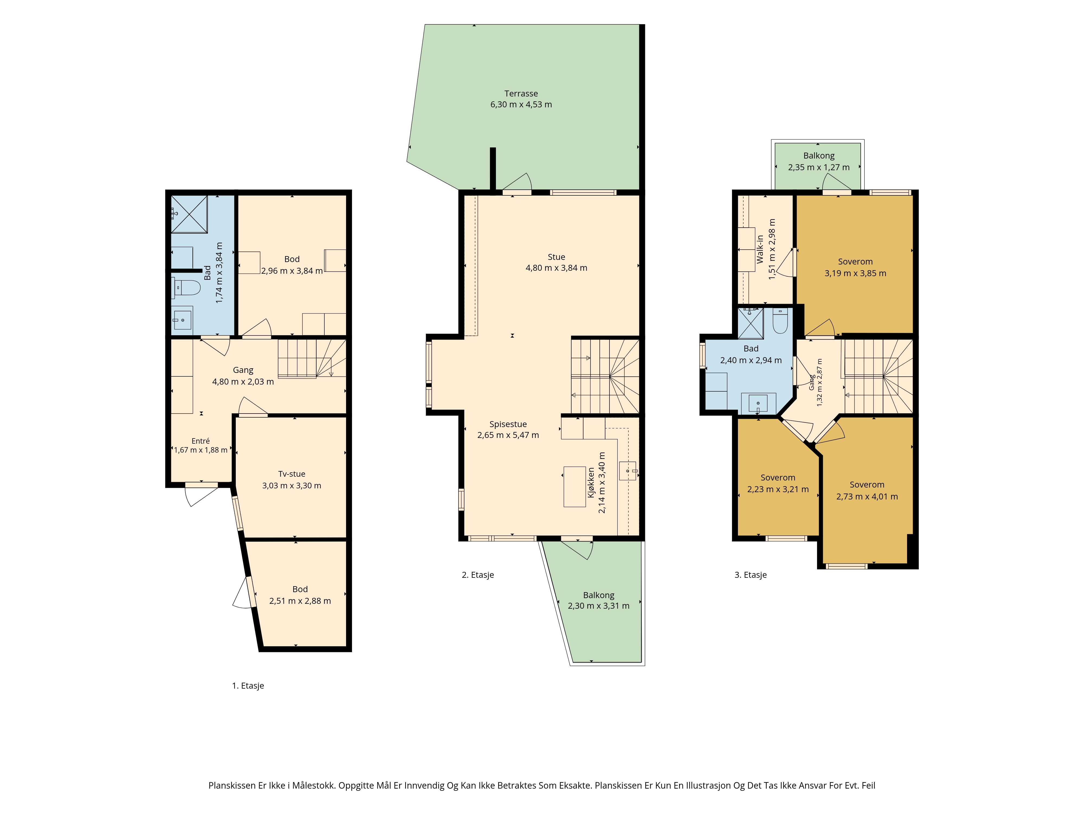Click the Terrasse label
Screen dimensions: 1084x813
[521, 93]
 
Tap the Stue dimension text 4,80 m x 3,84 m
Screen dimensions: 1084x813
[556, 268]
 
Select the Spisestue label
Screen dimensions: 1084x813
[508, 424]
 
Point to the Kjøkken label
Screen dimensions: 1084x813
[591, 483]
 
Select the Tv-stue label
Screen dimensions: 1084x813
[292, 474]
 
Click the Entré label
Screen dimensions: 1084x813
[201, 441]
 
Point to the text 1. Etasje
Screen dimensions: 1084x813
[248, 686]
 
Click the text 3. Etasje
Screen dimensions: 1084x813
[750, 575]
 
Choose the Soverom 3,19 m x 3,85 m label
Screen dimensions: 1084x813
[855, 262]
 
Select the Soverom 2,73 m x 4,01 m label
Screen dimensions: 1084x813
[867, 485]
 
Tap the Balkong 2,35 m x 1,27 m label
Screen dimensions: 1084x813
[819, 156]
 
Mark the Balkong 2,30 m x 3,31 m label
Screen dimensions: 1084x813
[598, 595]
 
